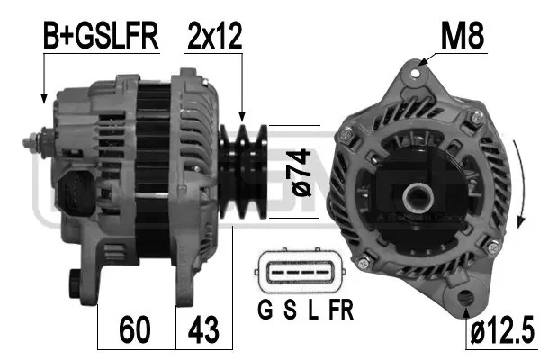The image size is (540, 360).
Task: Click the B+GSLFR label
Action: pos(101,37)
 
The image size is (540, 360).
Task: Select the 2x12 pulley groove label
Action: pos(215,37)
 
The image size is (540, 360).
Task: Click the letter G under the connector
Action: pos(265,311)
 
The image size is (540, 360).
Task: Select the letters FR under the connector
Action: pos(341,311)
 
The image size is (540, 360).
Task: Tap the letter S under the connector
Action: pos(290,311)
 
